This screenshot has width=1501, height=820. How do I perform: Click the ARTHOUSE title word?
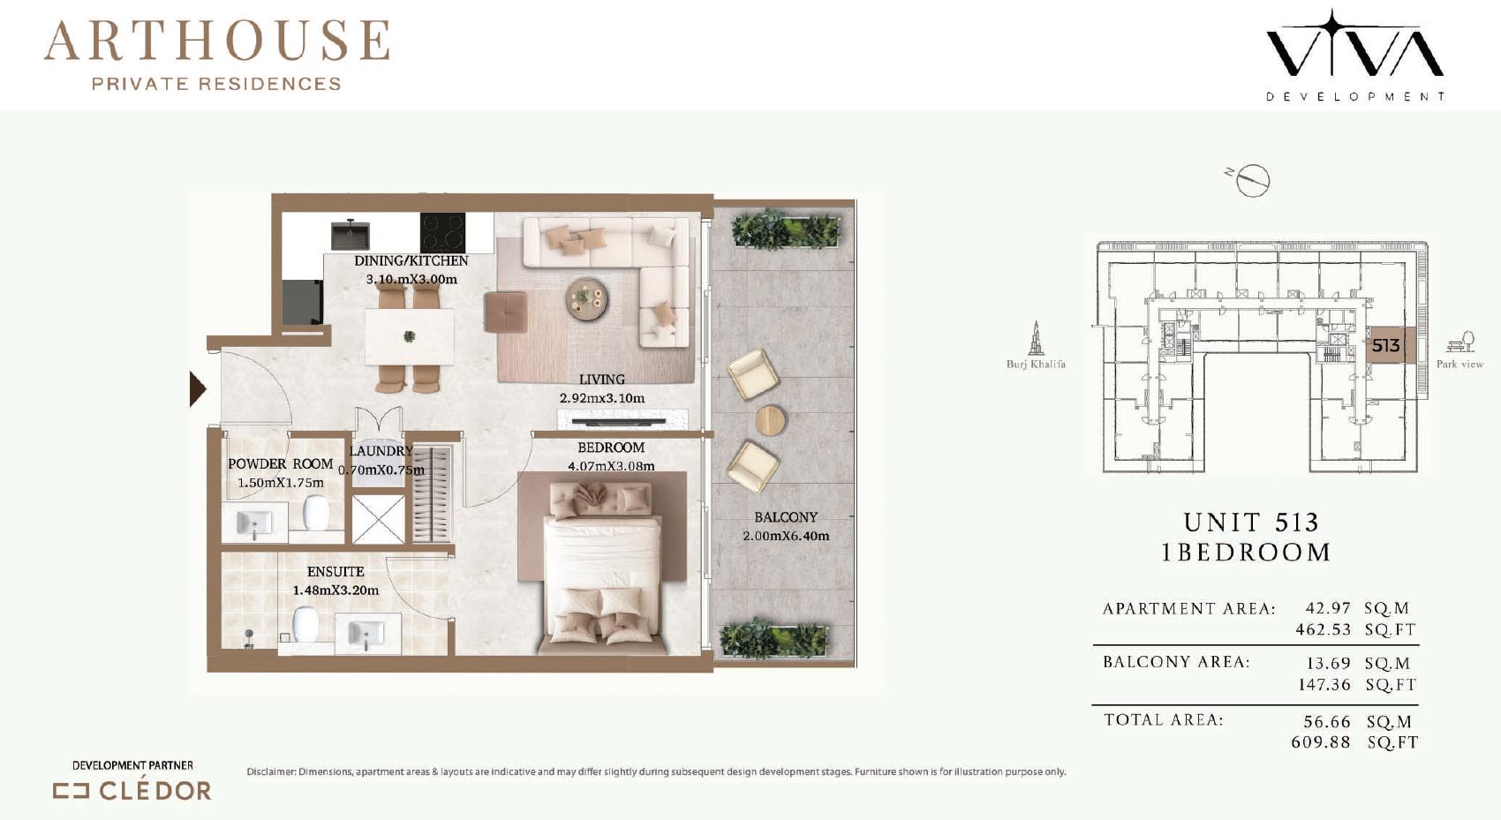(217, 41)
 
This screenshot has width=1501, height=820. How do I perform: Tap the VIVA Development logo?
(1355, 56)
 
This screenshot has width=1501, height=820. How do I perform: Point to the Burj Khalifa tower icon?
(1036, 338)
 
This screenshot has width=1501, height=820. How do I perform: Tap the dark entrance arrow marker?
(198, 389)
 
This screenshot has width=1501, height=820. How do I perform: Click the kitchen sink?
(351, 235)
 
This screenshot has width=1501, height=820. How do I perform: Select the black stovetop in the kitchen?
(443, 232)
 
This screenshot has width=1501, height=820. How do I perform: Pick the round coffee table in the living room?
(587, 299)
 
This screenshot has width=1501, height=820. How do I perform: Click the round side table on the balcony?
(771, 421)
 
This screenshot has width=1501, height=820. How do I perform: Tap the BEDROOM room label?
(611, 448)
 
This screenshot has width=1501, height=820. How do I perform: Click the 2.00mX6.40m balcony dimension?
(786, 536)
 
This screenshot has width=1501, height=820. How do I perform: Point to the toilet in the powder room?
(315, 513)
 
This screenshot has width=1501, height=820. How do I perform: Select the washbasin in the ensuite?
(366, 633)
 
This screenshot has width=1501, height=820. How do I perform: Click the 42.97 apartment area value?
(1328, 608)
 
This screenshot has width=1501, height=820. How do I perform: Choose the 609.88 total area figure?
(1321, 743)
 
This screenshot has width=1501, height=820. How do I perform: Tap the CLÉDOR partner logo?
(132, 791)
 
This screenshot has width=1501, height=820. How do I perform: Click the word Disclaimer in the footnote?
(271, 771)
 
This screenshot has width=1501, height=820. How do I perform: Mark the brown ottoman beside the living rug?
(506, 312)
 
